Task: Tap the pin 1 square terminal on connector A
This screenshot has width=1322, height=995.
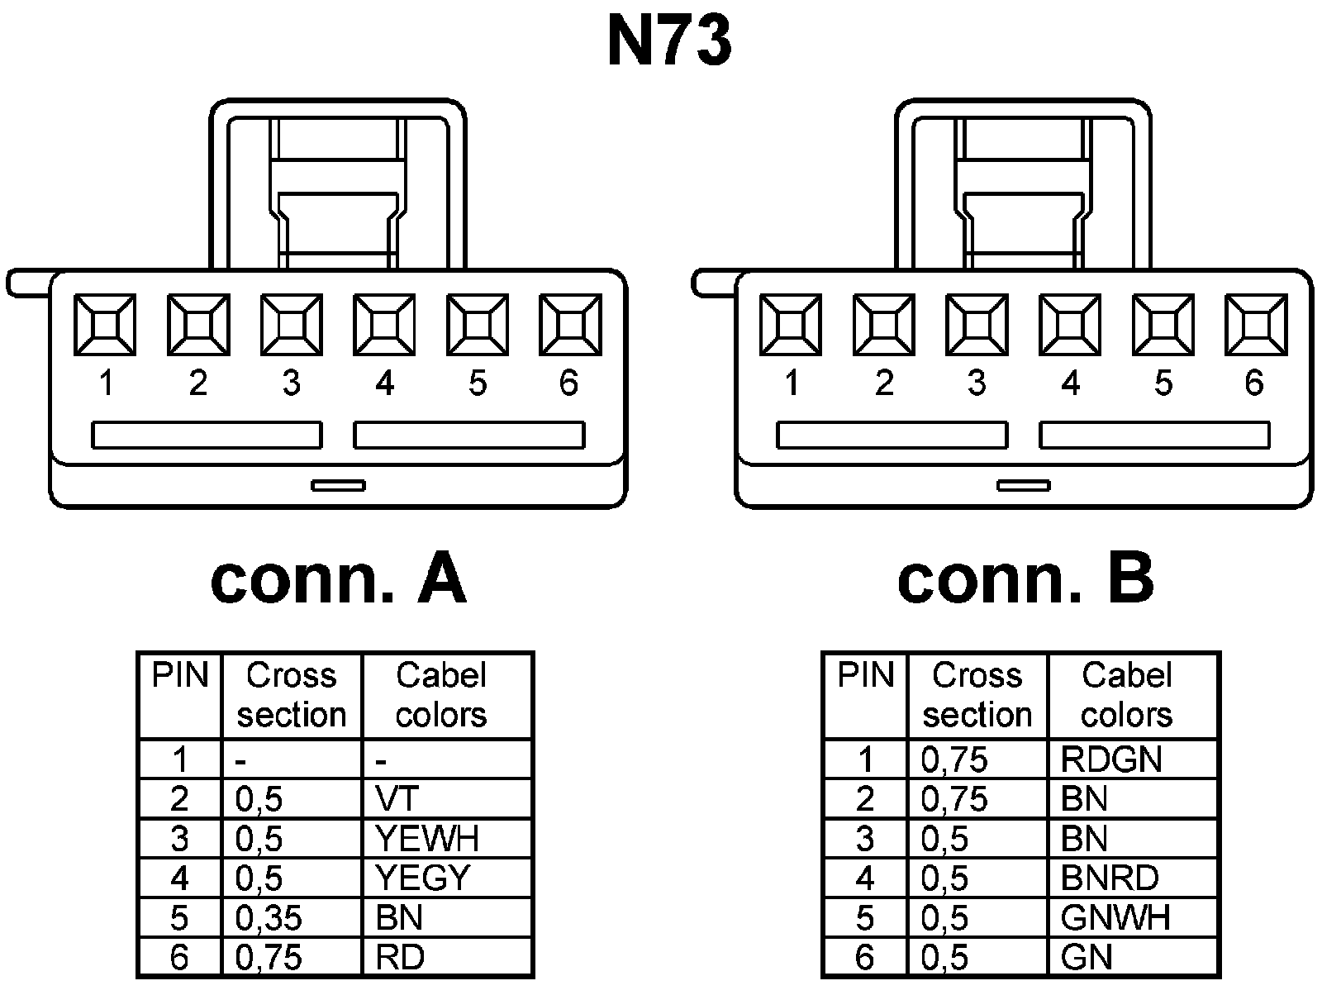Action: tap(105, 325)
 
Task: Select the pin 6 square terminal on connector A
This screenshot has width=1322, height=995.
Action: tap(570, 325)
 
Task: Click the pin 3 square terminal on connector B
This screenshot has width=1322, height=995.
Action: tap(977, 325)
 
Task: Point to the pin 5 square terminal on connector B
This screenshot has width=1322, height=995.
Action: tap(1163, 325)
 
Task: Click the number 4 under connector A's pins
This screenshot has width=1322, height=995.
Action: tap(384, 383)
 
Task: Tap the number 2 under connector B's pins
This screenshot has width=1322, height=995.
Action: tap(884, 383)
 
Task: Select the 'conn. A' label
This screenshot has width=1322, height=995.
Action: tap(338, 580)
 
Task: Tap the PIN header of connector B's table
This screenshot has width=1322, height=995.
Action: tap(865, 676)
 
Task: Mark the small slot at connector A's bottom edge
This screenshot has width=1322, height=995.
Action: tap(338, 485)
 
